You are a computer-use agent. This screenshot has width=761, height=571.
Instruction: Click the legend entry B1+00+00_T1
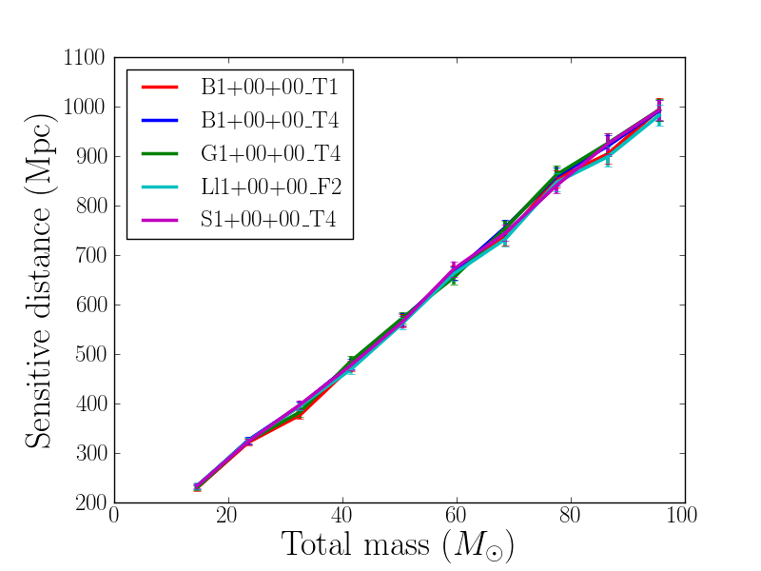pos(269,89)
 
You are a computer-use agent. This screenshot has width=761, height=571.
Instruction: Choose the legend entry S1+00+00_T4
pos(269,222)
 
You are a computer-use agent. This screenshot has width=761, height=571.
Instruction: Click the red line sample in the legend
pos(160,88)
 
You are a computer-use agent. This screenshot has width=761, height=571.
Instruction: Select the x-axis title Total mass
pos(399,545)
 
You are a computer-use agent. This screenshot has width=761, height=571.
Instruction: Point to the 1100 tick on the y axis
pos(86,57)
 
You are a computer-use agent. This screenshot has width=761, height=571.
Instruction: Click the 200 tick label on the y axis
pos(91,502)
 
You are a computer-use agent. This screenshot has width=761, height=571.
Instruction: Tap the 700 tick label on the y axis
pos(91,255)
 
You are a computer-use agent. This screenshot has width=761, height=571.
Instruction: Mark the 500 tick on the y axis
pos(91,354)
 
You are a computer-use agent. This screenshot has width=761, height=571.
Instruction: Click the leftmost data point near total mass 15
pos(197,487)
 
